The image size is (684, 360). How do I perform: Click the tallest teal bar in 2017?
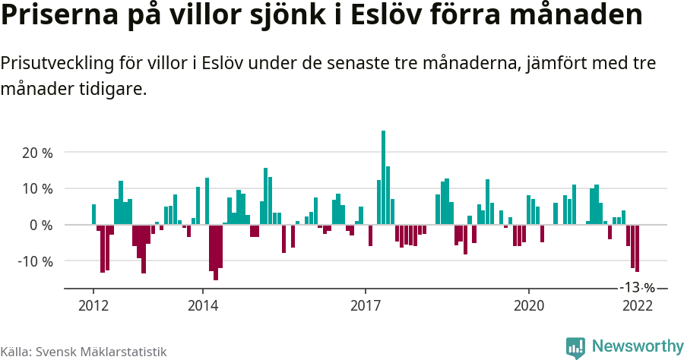pyautogui.click(x=383, y=177)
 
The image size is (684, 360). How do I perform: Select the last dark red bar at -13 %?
pyautogui.click(x=637, y=248)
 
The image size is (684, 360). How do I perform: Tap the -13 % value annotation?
pyautogui.click(x=637, y=288)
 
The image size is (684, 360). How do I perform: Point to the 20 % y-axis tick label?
pyautogui.click(x=37, y=153)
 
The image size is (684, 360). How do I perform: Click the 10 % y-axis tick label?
pyautogui.click(x=37, y=188)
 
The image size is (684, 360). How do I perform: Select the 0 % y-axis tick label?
pyautogui.click(x=41, y=225)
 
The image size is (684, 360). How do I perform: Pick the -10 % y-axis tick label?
pyautogui.click(x=35, y=261)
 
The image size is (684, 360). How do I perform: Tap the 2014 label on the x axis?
pyautogui.click(x=202, y=305)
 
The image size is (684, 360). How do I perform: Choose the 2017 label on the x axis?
pyautogui.click(x=366, y=305)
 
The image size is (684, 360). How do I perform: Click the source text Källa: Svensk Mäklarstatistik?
pyautogui.click(x=84, y=352)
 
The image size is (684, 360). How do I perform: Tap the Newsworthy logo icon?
pyautogui.click(x=575, y=347)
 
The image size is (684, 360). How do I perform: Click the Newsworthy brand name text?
pyautogui.click(x=637, y=347)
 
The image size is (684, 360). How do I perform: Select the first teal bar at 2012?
pyautogui.click(x=93, y=214)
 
